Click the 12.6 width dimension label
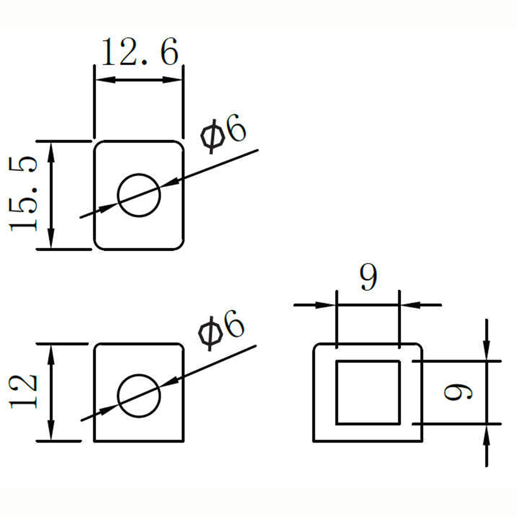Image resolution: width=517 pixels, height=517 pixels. tap(140, 51)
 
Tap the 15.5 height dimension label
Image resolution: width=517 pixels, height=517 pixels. tap(23, 193)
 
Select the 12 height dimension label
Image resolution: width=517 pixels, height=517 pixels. tap(23, 392)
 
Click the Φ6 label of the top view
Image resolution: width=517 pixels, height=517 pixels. tap(223, 133)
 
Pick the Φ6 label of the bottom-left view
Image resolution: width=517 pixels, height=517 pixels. tap(221, 330)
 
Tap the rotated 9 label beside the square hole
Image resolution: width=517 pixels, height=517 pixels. tap(458, 393)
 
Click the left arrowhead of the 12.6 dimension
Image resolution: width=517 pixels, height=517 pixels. tap(105, 80)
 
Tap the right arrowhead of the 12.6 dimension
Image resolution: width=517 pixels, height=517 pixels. tap(173, 80)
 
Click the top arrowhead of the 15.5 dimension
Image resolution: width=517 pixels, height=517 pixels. tap(51, 151)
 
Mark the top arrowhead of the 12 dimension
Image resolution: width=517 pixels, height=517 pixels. tap(51, 355)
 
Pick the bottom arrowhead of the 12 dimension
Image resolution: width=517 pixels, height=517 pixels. tap(51, 430)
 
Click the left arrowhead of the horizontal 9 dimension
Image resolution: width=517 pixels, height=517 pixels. tap(326, 305)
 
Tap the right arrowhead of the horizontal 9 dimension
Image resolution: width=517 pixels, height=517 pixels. tap(410, 305)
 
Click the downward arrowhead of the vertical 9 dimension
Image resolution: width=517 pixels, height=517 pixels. tap(486, 351)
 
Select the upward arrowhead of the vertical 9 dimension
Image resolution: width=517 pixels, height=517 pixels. tap(486, 435)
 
